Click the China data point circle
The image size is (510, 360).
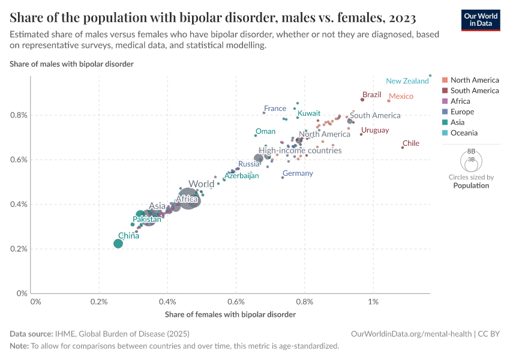118,243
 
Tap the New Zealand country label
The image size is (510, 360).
407,81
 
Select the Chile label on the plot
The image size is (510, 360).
411,143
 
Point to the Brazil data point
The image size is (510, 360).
362,100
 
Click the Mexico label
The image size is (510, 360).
401,96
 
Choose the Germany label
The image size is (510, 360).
298,173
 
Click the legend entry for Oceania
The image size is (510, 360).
464,133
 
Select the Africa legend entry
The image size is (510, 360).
461,101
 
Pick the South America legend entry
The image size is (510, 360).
474,91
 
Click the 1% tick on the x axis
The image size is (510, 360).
374,301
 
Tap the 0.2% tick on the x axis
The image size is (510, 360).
99,301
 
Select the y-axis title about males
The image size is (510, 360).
71,64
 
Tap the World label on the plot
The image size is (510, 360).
201,184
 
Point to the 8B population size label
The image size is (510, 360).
471,151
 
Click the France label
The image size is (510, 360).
275,109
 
